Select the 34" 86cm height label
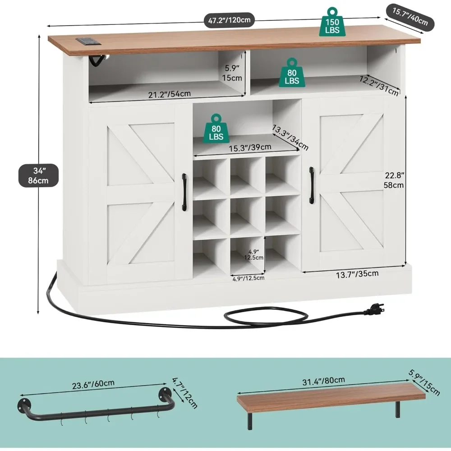[39, 175]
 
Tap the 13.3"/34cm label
[290, 138]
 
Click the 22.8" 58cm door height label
[394, 180]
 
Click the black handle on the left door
[184, 192]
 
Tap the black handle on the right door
[311, 185]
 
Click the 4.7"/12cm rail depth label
[184, 392]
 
